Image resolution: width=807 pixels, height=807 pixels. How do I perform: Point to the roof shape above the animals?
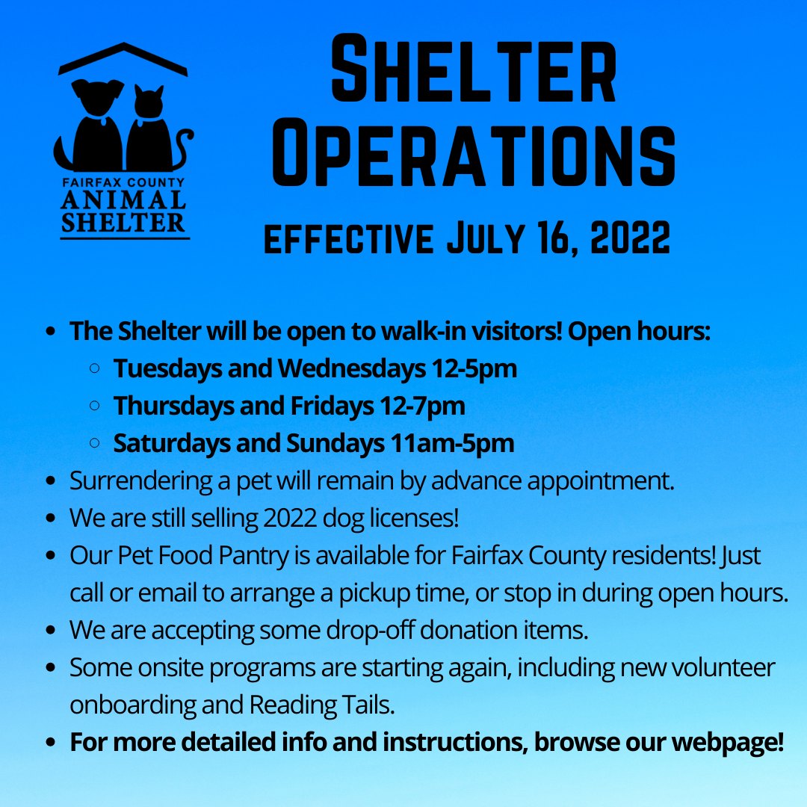tap(123, 59)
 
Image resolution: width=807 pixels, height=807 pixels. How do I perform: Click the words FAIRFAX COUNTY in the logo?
tap(123, 183)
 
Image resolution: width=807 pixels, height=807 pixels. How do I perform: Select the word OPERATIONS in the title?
tap(474, 153)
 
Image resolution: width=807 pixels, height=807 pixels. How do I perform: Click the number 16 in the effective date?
tap(557, 238)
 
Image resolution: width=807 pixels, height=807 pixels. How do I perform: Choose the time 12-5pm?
tap(474, 369)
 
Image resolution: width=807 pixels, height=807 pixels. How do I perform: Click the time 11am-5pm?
tap(452, 444)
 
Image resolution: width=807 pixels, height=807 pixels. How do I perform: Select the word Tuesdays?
tap(168, 369)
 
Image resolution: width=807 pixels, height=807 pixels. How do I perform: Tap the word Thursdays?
tap(173, 406)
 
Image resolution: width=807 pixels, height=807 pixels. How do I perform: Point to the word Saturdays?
tap(171, 444)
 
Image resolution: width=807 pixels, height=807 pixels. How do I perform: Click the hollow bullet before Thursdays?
tap(95, 406)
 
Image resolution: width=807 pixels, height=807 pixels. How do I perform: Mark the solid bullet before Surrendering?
tap(51, 480)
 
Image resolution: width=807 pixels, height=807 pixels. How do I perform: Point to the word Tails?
tap(365, 705)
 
